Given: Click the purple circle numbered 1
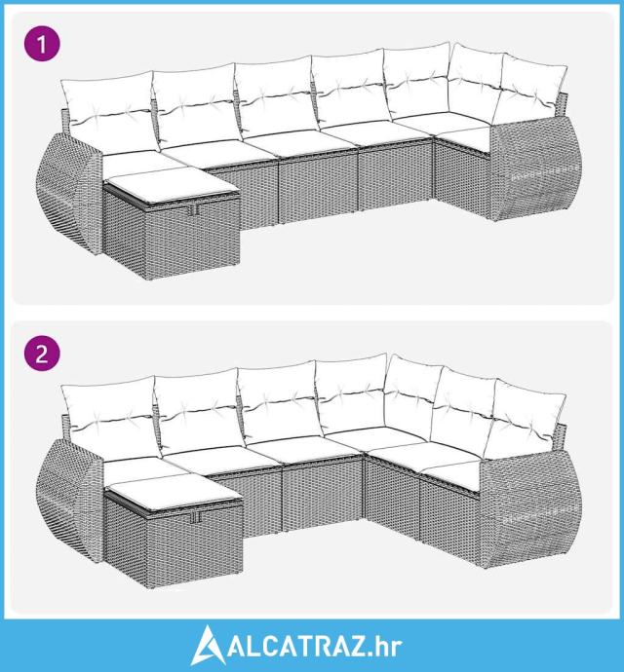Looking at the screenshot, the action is point(42,44).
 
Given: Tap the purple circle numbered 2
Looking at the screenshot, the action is point(42,354).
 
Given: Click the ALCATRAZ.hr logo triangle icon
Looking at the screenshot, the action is point(208,645).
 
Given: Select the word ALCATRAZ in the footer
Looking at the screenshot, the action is point(297,646).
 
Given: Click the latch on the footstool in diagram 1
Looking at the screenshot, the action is point(193,208).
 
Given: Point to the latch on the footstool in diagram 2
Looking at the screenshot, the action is point(197,517).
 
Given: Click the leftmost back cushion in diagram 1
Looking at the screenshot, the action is point(109,111).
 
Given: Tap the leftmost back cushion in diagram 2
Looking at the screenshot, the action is point(111,417).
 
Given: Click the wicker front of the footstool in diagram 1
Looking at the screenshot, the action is point(193,240).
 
